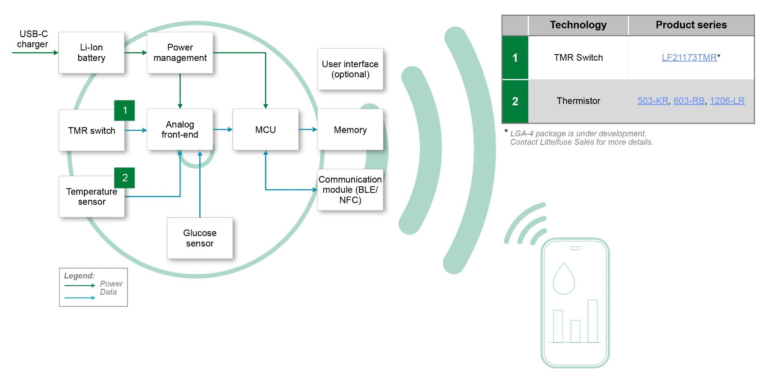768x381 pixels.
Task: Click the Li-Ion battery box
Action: (91, 53)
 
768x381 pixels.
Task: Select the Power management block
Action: (180, 53)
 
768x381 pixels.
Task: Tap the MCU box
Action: (265, 130)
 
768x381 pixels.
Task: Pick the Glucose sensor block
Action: (200, 238)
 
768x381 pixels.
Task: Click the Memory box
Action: (350, 130)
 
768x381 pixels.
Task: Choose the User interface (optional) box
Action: (350, 69)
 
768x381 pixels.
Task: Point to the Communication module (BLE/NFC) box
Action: (350, 190)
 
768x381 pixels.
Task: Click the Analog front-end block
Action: (180, 130)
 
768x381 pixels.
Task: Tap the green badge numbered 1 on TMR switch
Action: (125, 111)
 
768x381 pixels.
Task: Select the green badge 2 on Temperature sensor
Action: (125, 178)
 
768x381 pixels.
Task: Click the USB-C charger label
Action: (33, 39)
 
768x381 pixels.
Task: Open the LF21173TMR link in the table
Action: (689, 58)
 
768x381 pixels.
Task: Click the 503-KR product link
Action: (653, 101)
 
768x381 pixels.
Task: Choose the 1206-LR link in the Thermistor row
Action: (727, 101)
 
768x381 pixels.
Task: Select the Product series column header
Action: (691, 25)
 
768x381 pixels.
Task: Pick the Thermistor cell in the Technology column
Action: (578, 101)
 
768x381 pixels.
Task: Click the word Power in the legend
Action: (111, 284)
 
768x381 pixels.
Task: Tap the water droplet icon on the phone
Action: (564, 279)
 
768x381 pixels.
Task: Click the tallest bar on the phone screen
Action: (593, 321)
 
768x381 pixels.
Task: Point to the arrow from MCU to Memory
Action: (308, 130)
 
